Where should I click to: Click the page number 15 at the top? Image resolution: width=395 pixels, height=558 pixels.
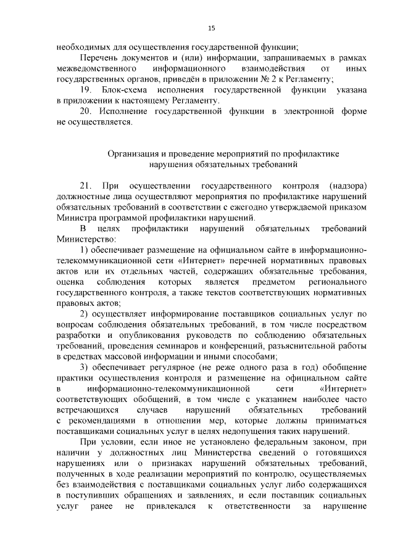(211, 28)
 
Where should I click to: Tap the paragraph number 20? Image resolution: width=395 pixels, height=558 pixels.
(86, 112)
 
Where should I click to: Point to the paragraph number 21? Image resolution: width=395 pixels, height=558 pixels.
(86, 186)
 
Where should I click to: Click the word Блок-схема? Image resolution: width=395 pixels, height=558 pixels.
(126, 89)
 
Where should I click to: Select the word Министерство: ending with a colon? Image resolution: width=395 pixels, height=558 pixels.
(85, 239)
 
